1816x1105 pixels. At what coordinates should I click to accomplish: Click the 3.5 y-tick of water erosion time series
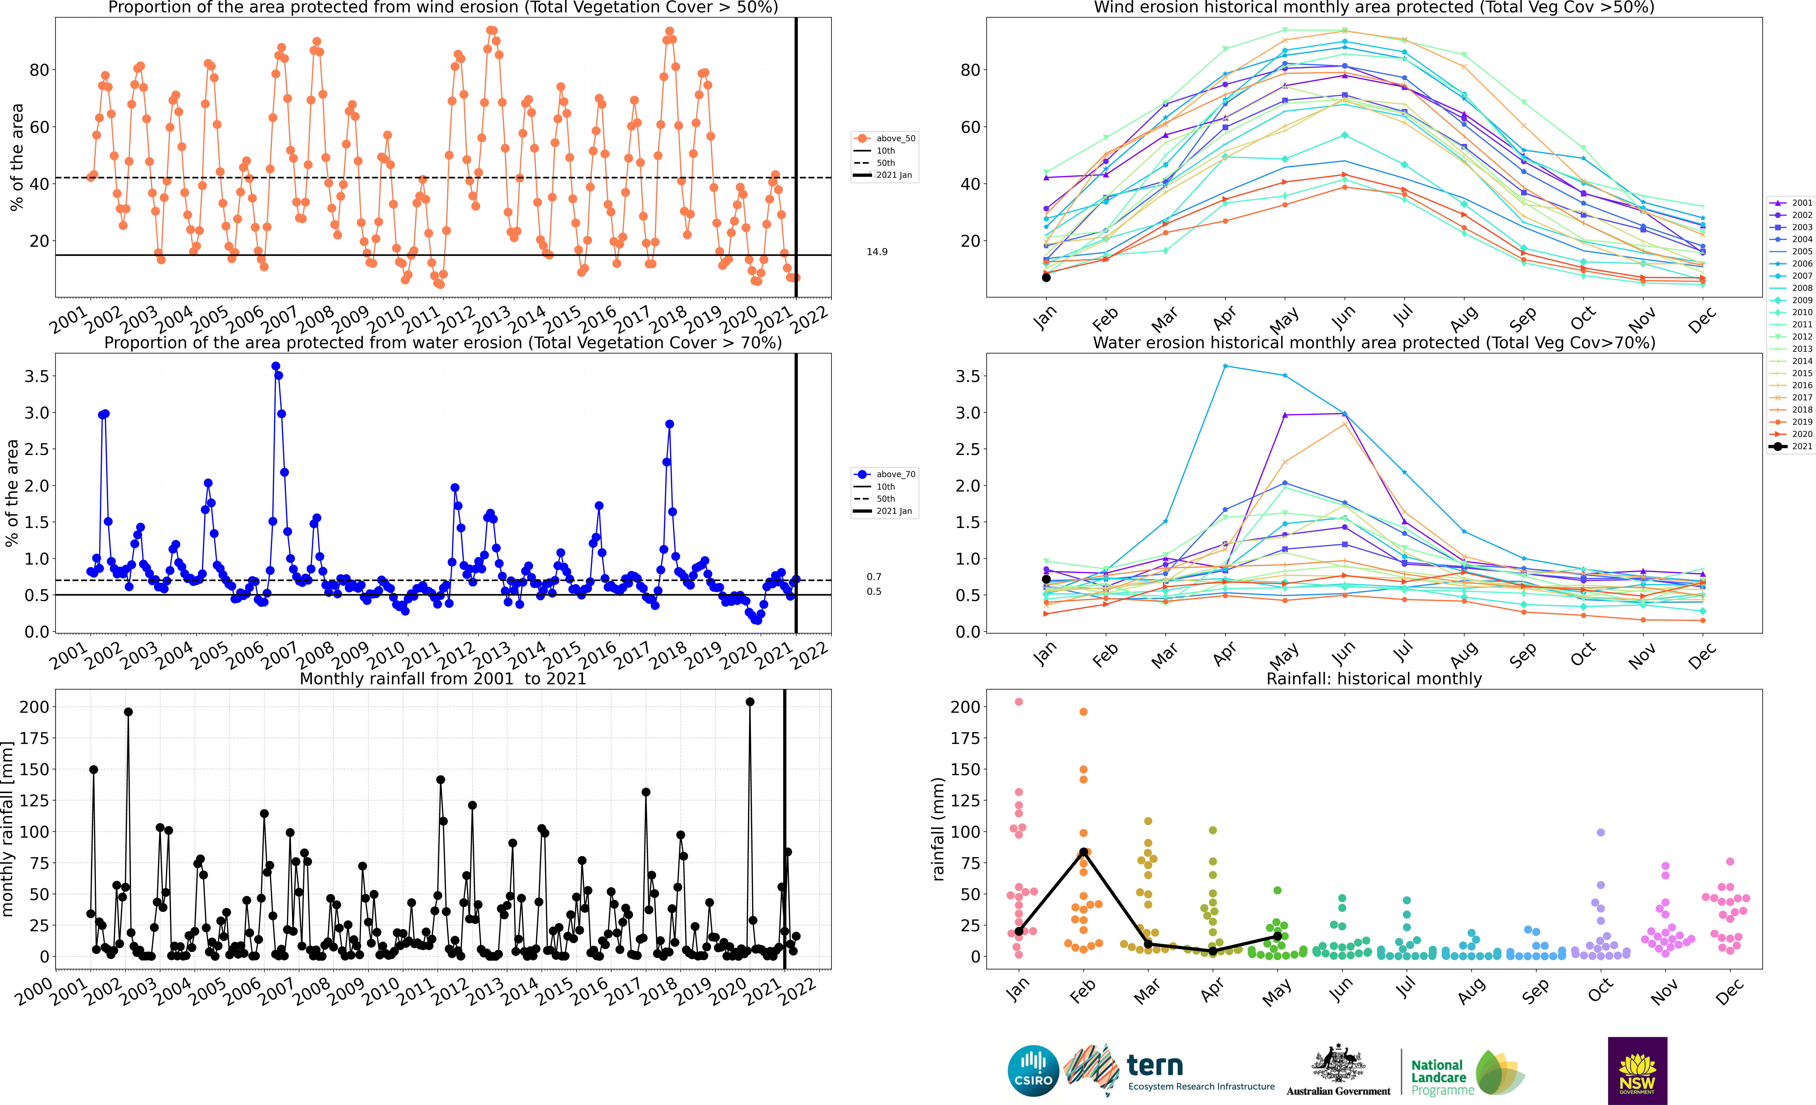point(37,377)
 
